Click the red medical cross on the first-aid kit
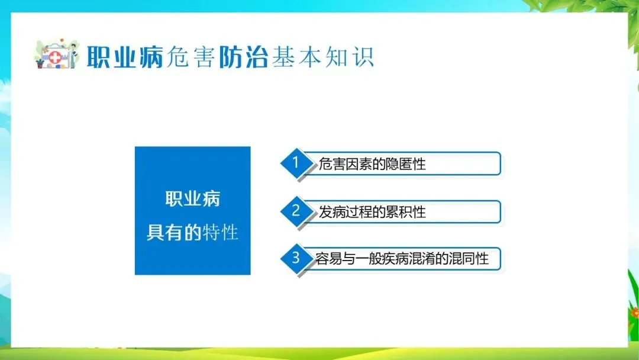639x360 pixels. coord(55,58)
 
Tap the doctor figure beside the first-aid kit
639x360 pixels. coord(73,56)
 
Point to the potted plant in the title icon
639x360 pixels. coord(40,63)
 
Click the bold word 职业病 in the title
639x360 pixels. coord(125,57)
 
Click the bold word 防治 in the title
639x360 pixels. coord(243,57)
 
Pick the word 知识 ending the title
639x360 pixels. coord(349,57)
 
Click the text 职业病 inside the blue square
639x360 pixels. coord(193,199)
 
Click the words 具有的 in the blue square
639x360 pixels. coord(174,232)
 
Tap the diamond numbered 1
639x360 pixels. coord(296,163)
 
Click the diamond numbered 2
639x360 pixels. coord(296,211)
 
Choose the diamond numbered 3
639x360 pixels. coord(296,258)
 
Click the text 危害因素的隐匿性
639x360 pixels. coord(372,164)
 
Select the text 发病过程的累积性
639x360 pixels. coord(372,212)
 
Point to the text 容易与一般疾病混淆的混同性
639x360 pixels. coord(402,259)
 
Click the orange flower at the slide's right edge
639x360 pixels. coord(634,313)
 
